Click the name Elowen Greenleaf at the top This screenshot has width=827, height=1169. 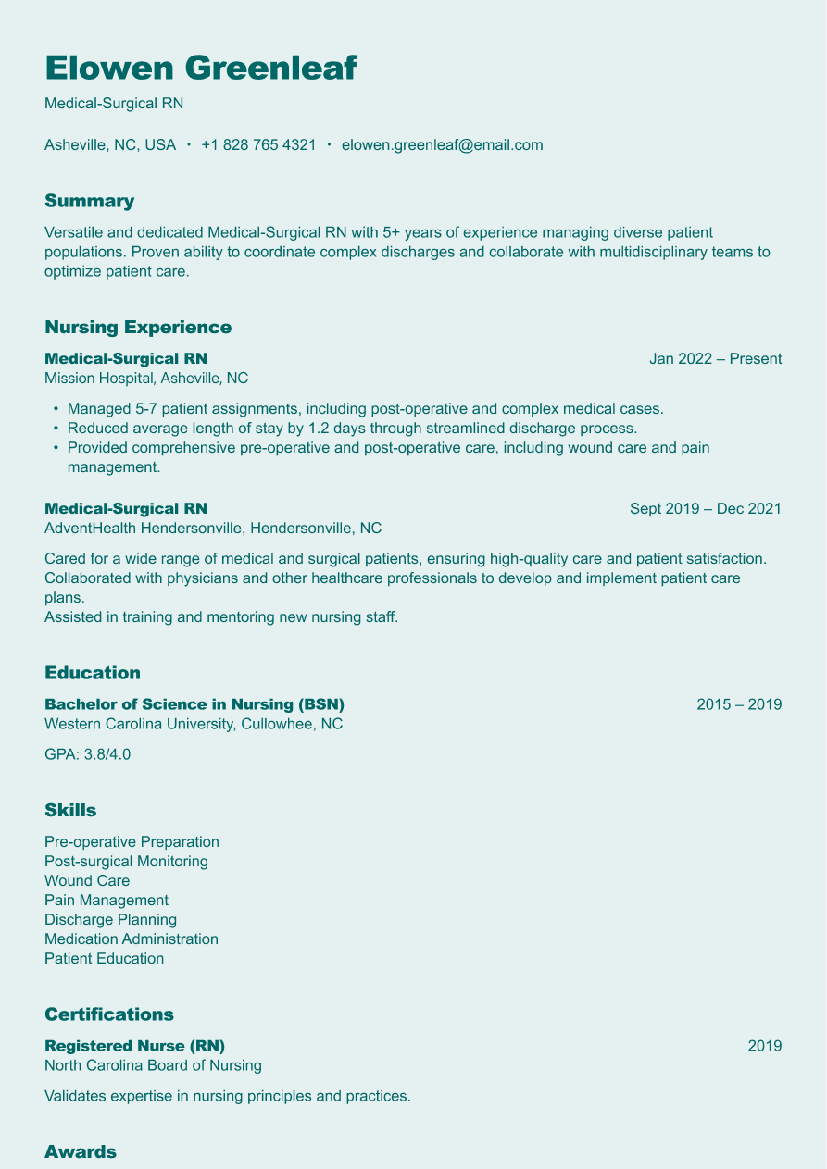pyautogui.click(x=200, y=68)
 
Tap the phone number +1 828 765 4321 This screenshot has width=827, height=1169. pyautogui.click(x=258, y=145)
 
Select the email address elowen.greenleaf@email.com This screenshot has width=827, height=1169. pyautogui.click(x=442, y=145)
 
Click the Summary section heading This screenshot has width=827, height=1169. pyautogui.click(x=89, y=201)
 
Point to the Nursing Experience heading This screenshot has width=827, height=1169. pyautogui.click(x=137, y=327)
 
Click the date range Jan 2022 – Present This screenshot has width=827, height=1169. pyautogui.click(x=715, y=359)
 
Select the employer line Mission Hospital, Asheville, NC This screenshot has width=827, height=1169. pyautogui.click(x=145, y=379)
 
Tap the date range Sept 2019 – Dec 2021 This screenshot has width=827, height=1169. pyautogui.click(x=705, y=509)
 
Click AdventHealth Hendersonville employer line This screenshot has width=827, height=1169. pyautogui.click(x=212, y=529)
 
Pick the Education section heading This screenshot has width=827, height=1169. pyautogui.click(x=93, y=673)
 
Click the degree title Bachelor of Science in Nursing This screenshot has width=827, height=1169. pyautogui.click(x=194, y=704)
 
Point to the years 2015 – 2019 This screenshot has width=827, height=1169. pyautogui.click(x=738, y=704)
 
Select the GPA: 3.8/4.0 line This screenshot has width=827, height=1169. pyautogui.click(x=87, y=754)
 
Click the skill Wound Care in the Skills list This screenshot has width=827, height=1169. pyautogui.click(x=87, y=881)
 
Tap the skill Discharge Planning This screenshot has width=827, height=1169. pyautogui.click(x=110, y=920)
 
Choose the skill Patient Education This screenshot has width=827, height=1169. pyautogui.click(x=104, y=959)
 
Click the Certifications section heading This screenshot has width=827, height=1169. pyautogui.click(x=109, y=1014)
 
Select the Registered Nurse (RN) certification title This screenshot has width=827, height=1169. pyautogui.click(x=134, y=1046)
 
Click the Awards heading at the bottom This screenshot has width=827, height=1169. pyautogui.click(x=81, y=1152)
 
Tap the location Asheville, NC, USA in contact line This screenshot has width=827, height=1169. pyautogui.click(x=110, y=145)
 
